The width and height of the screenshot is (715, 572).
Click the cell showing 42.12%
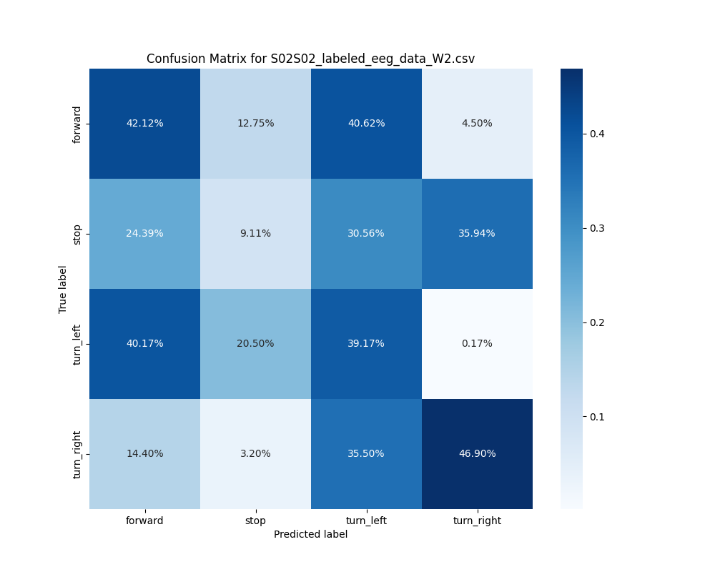coord(144,123)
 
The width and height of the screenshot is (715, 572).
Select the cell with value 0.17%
coord(477,343)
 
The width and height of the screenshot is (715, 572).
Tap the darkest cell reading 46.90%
coord(477,453)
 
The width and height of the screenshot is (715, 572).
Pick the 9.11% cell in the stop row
coord(255,233)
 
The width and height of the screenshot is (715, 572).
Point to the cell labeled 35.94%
coord(477,233)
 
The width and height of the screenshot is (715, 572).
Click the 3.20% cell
coord(255,453)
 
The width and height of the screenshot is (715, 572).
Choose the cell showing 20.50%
coord(255,343)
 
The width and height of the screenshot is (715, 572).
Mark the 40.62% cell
coord(366,123)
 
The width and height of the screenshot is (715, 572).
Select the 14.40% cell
coord(144,453)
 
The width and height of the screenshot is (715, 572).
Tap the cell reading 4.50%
coord(477,123)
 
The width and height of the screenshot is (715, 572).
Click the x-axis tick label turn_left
coord(366,521)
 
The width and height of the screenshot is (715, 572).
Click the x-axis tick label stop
coord(255,521)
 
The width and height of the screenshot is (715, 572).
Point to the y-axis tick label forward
coord(77,124)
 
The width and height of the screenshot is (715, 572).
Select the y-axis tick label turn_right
coord(77,454)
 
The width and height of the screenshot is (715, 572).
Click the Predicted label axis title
coord(310,534)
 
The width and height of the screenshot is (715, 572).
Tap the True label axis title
coord(63,289)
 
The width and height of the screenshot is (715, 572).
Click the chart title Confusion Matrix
coord(310,59)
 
